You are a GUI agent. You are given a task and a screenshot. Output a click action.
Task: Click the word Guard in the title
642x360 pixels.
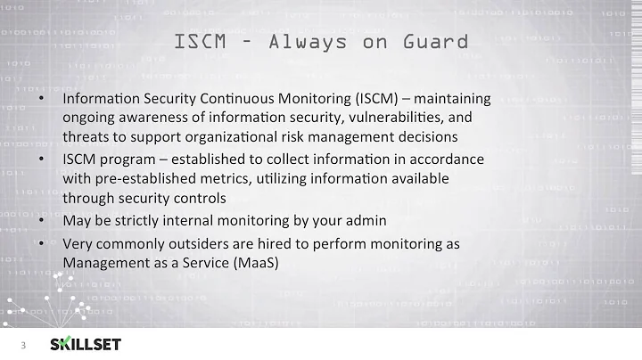point(433,41)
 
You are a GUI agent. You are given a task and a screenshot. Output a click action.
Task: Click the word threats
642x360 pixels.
point(86,137)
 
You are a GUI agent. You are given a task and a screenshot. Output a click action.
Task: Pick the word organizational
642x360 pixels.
point(220,137)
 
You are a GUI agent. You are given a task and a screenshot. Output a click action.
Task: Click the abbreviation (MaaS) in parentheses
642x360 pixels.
point(254,263)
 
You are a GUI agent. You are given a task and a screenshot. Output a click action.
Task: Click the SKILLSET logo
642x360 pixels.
point(86,344)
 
